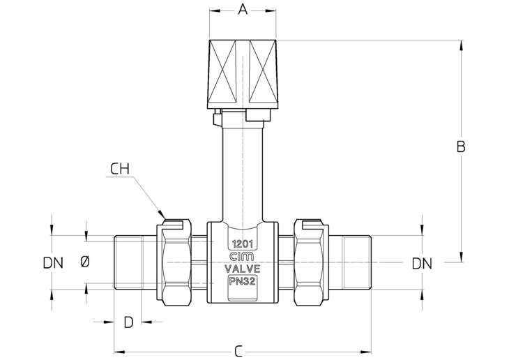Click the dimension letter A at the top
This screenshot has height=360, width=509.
coord(243,10)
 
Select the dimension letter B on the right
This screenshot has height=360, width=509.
coord(461,147)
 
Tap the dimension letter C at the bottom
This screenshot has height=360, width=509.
coord(238,352)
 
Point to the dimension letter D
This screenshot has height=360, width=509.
coord(129,322)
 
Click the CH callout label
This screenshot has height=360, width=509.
coord(120,169)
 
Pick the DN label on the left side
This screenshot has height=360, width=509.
coord(53,263)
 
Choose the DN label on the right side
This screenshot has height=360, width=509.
coord(422,264)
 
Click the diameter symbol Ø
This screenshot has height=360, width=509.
coord(85,262)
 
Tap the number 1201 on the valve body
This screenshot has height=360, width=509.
coord(243,244)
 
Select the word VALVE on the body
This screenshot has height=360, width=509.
coord(243,269)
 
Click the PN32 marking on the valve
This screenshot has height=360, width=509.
coord(243,281)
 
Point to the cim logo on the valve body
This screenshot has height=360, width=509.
coord(242,257)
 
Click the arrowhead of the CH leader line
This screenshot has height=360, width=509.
coord(162,214)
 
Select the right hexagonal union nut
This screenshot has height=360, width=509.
coord(310,262)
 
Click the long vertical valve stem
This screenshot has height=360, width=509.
coord(243,172)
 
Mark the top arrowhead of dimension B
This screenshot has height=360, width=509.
coord(461,45)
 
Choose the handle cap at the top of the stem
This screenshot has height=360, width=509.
coord(243,74)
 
